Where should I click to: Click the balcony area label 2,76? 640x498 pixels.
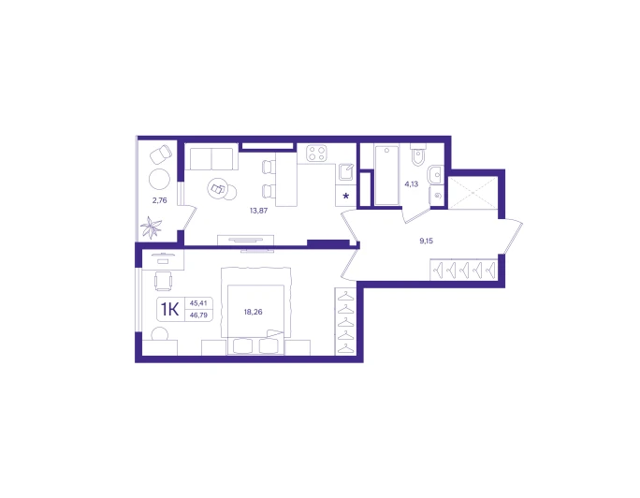click(x=160, y=200)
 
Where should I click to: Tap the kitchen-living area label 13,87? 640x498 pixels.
click(x=259, y=211)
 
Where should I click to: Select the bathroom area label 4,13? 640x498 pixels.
click(x=412, y=184)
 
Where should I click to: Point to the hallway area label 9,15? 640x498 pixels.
click(x=426, y=241)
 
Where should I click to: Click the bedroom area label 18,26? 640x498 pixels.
click(x=253, y=312)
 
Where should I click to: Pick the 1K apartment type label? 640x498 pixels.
click(x=169, y=310)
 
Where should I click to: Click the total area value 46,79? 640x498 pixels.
click(x=198, y=315)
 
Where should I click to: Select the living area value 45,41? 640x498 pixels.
click(x=198, y=303)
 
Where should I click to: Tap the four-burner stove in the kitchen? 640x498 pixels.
click(x=317, y=154)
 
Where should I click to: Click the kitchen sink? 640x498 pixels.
click(x=346, y=172)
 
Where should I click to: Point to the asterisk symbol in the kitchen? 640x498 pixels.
click(x=346, y=196)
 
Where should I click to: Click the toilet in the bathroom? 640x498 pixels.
click(x=418, y=154)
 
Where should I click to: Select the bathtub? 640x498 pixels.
click(x=386, y=175)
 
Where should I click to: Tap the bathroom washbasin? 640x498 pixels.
click(x=435, y=175)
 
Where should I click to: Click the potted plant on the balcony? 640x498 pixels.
click(x=152, y=227)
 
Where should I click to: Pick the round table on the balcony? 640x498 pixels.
click(x=160, y=179)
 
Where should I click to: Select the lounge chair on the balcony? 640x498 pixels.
click(x=161, y=154)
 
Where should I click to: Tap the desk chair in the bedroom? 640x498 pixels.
click(x=163, y=281)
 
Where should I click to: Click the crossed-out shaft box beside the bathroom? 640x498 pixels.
click(x=473, y=193)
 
